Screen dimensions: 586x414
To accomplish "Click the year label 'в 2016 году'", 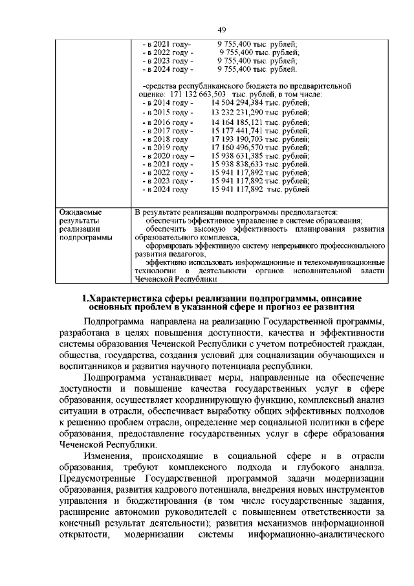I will click(166, 122).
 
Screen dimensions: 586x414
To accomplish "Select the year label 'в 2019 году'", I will click(165, 148).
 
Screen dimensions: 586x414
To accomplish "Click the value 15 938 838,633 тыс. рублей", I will click(259, 165).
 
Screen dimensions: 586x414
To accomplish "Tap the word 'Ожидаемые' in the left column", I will click(81, 212).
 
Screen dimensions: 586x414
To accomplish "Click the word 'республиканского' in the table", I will click(207, 85).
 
